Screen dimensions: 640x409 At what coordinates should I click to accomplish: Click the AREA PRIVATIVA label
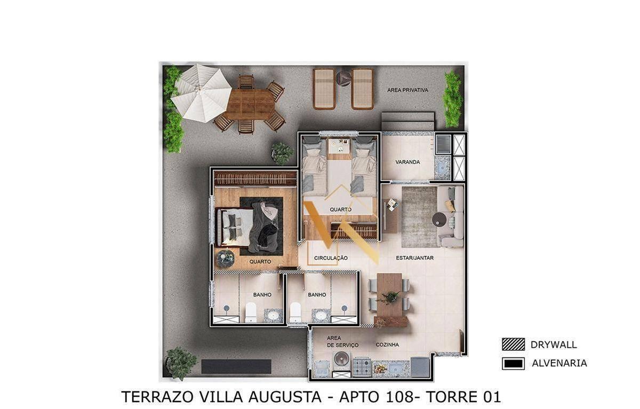click(407, 90)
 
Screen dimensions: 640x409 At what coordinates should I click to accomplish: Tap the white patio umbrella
click(201, 93)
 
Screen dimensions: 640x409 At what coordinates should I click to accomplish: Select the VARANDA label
click(407, 162)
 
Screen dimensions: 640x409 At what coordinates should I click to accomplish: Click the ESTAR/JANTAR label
click(414, 258)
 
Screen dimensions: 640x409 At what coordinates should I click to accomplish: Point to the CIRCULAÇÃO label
click(331, 258)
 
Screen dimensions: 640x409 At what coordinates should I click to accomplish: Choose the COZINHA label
click(387, 344)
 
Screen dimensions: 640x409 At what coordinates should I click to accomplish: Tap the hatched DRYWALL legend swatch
click(513, 344)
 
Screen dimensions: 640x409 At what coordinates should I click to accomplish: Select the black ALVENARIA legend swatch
click(513, 364)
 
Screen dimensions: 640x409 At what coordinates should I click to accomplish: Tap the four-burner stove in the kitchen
click(362, 367)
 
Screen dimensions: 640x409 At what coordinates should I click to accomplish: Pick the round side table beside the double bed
click(226, 259)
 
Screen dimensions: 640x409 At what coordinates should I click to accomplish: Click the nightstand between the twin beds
click(339, 149)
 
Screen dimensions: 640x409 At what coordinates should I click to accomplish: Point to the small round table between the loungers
click(343, 78)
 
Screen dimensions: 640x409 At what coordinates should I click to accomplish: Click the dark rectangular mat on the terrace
click(236, 366)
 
